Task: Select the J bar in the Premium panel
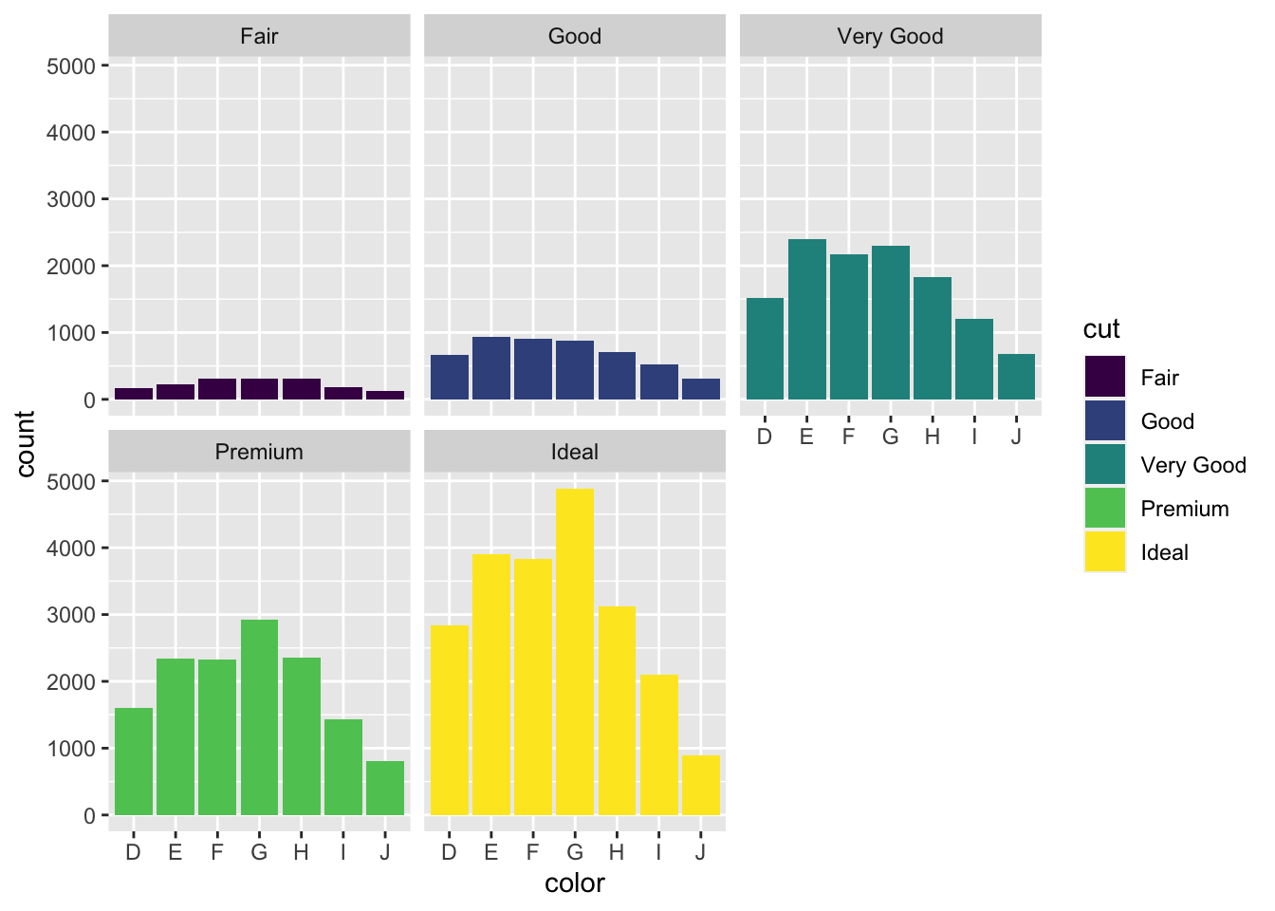(385, 788)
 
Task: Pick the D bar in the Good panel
(449, 377)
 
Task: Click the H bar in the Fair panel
(302, 389)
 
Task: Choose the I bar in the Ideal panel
(658, 745)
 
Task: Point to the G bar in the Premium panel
(259, 717)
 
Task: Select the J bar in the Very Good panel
(1016, 377)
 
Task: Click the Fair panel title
(259, 36)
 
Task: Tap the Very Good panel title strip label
(890, 36)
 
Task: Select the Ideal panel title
(575, 452)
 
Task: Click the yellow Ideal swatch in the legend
(1105, 552)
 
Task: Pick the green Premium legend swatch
(1105, 509)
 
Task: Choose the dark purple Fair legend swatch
(1105, 378)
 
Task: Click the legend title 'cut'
(1101, 329)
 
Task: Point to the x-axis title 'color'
(575, 883)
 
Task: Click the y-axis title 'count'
(26, 443)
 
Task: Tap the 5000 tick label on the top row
(71, 66)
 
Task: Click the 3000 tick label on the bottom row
(71, 615)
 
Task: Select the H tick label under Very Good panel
(933, 437)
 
